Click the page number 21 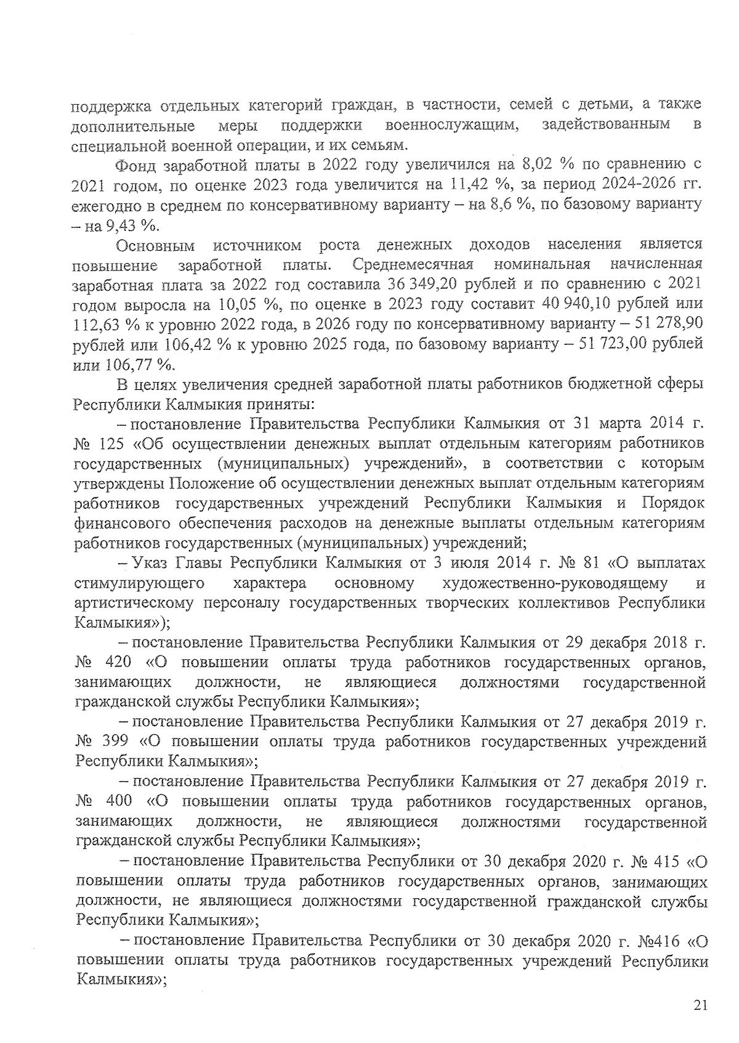[x=700, y=1006]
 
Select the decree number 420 [x=119, y=663]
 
